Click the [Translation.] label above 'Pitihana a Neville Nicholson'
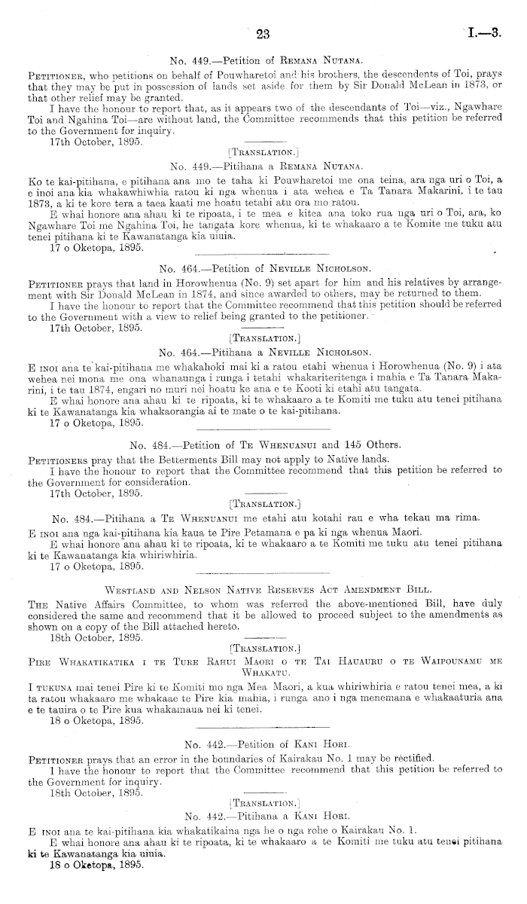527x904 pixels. pos(263,341)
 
